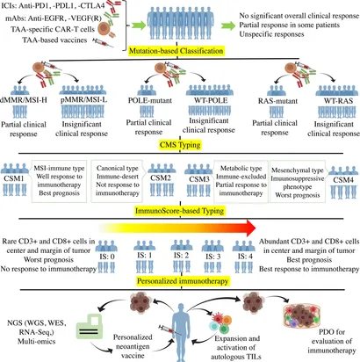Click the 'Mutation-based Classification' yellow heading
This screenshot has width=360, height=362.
pos(176,51)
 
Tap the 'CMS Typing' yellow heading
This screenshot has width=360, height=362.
pos(180,145)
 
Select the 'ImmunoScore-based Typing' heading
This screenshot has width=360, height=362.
pos(180,211)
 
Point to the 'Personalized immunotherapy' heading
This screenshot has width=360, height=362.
pos(183,281)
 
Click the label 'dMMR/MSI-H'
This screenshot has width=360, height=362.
pos(24,100)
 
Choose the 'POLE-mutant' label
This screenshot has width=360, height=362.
pos(150,100)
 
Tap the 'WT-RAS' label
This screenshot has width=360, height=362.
pos(338,101)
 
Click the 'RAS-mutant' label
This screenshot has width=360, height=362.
pos(277,101)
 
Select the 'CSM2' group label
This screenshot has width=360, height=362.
pos(161,177)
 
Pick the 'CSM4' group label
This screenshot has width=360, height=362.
pos(343,180)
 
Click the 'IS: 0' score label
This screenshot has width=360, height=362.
pos(106,257)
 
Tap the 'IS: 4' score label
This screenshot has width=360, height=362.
pos(245,257)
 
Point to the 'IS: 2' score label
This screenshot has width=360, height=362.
pos(181,256)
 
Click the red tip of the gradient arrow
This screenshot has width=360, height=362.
pos(256,228)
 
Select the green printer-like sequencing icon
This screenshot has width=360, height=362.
pos(90,327)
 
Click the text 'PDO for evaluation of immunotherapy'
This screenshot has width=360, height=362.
pos(332,341)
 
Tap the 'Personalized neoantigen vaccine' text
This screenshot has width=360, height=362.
pos(133,346)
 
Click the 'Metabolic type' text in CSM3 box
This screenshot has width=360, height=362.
pos(241,169)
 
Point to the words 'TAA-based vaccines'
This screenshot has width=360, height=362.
pos(54,40)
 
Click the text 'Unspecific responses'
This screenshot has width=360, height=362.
pos(271,34)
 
